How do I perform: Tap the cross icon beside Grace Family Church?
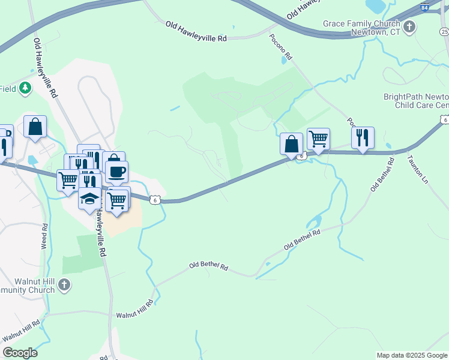[410, 27]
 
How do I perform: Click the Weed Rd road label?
[45, 237]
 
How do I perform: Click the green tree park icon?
[25, 89]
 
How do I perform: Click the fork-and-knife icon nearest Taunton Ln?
[363, 137]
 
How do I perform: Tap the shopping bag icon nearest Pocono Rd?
[291, 144]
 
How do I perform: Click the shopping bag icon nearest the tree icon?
[35, 127]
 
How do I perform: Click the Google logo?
[20, 353]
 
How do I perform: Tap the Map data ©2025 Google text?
[412, 355]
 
